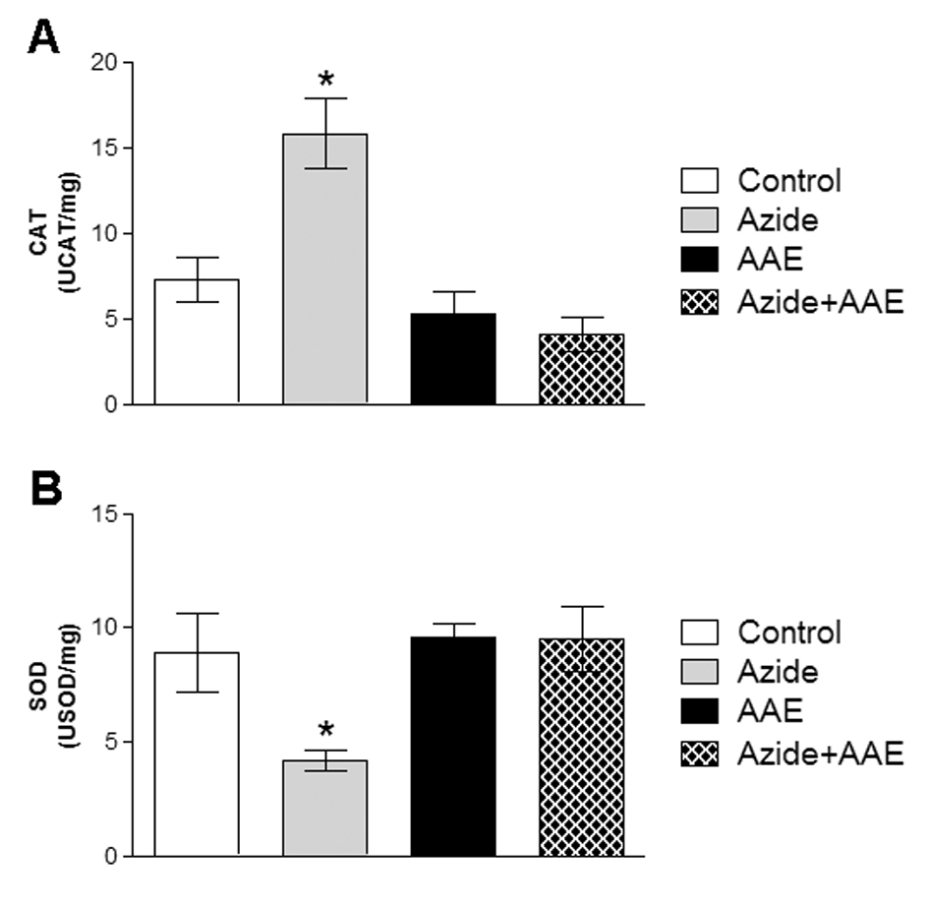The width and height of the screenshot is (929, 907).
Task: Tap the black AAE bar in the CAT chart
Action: [x=453, y=359]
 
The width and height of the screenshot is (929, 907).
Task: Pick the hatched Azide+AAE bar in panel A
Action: [x=581, y=369]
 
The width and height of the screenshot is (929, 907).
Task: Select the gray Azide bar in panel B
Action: [x=324, y=807]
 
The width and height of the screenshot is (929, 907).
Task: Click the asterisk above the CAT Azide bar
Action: [x=325, y=78]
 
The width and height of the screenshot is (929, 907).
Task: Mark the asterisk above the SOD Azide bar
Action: [x=325, y=730]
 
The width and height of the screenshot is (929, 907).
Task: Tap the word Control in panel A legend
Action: [x=788, y=181]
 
